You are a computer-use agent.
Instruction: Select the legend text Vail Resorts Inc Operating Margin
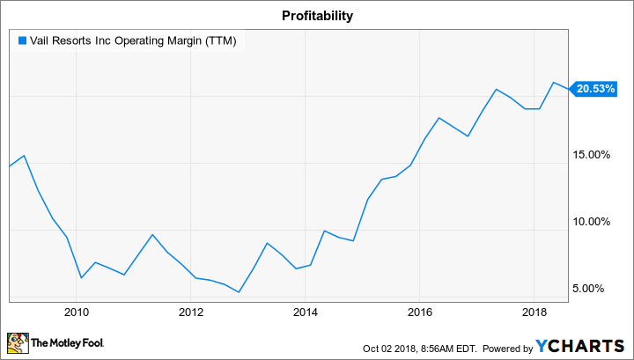tap(133, 40)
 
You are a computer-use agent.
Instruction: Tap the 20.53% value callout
tap(595, 88)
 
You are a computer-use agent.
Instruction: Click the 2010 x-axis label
tap(77, 311)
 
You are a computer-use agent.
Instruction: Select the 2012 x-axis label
tap(191, 311)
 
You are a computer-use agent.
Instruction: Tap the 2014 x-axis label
tap(306, 311)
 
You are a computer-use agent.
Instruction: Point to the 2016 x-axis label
tap(420, 311)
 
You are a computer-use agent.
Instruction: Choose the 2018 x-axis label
tap(534, 311)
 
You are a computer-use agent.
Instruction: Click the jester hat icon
tap(17, 342)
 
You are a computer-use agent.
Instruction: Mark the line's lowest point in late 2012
tap(239, 291)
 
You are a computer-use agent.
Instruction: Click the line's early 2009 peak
tap(24, 156)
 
